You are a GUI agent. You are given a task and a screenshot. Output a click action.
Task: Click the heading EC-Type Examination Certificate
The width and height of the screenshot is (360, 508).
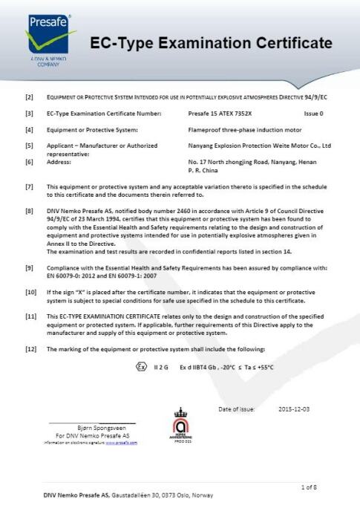click(211, 44)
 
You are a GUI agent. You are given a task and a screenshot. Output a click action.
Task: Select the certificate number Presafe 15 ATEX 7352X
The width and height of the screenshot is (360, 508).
click(220, 114)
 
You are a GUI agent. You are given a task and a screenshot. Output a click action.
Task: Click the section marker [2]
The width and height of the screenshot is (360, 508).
click(29, 97)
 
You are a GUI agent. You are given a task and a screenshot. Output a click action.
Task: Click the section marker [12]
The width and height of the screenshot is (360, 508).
click(30, 349)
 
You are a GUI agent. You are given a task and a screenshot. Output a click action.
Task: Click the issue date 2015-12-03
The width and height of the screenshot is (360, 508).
click(294, 408)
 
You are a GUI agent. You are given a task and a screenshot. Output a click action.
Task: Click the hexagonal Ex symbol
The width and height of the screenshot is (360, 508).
click(141, 366)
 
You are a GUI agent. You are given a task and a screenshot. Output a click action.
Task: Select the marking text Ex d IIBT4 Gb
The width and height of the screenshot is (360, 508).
click(194, 367)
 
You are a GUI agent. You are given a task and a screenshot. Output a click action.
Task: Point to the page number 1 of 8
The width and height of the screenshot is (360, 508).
click(309, 487)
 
